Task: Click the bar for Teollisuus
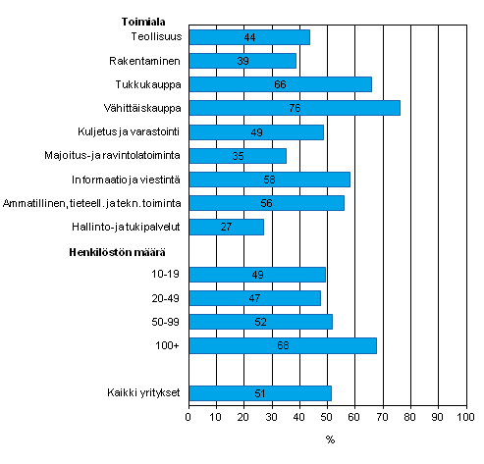click(x=248, y=37)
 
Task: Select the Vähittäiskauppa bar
click(x=294, y=108)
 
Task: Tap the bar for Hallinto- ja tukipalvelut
click(x=226, y=227)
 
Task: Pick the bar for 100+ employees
click(x=282, y=345)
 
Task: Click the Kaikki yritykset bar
click(x=259, y=393)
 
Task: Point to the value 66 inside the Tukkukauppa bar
click(x=280, y=84)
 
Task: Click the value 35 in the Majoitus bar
click(x=237, y=155)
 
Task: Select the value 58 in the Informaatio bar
click(x=269, y=180)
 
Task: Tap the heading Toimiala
click(x=142, y=18)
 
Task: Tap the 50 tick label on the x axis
click(x=326, y=417)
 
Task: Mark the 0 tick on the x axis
click(x=188, y=417)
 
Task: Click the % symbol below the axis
click(x=330, y=438)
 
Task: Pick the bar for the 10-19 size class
click(x=256, y=275)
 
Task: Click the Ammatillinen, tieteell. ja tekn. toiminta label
click(x=98, y=203)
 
